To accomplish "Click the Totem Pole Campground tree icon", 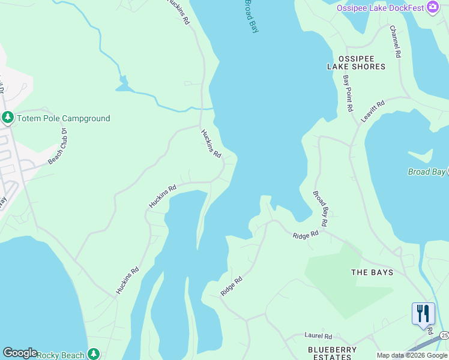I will [x=8, y=118].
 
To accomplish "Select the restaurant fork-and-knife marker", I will [x=423, y=313].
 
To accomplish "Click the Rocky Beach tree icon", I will [x=93, y=355].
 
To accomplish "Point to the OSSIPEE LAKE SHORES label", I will [x=356, y=62].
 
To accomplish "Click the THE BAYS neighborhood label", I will [x=372, y=272].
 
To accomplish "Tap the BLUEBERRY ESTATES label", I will [x=332, y=353].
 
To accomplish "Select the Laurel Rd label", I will [x=318, y=337].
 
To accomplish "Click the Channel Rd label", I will [x=395, y=41].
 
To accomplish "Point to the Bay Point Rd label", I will [x=347, y=94].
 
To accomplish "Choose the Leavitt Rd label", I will [x=372, y=112].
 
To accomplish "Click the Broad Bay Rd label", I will [x=320, y=208].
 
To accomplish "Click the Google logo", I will [x=20, y=353].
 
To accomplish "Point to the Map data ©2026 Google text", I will [x=411, y=355].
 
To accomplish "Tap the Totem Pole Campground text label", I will [x=63, y=118].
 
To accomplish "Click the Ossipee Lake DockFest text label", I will [x=379, y=8].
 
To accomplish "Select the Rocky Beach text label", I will [x=61, y=355].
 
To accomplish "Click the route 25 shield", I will [x=444, y=335].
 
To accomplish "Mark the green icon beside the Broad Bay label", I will [x=447, y=172].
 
